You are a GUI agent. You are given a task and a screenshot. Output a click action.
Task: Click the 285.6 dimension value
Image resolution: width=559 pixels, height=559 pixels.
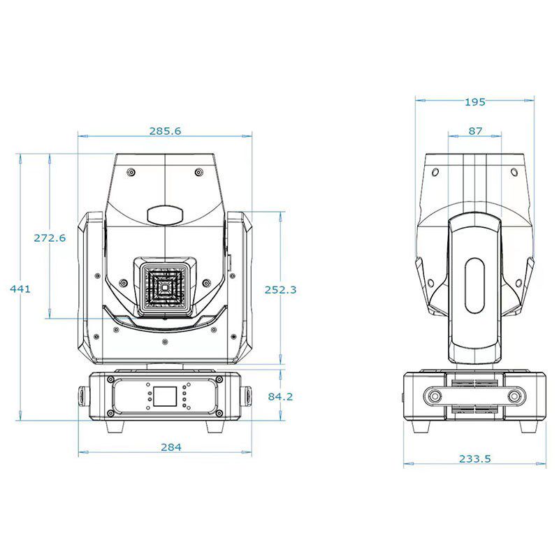[x=165, y=131]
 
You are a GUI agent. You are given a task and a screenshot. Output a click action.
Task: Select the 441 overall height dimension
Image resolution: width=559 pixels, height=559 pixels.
[x=20, y=289]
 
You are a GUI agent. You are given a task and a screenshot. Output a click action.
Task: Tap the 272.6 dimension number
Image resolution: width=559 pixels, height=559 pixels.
[x=50, y=238]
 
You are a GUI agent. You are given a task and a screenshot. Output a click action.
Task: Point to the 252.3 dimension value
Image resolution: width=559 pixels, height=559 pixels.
[x=280, y=290]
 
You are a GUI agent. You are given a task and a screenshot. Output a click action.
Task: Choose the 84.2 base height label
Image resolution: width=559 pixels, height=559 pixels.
[x=280, y=396]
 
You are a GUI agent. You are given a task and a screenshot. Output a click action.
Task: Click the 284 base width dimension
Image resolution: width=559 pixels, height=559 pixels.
[x=171, y=447]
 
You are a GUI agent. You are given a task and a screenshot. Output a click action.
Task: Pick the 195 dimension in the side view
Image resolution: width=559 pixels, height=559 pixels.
[x=475, y=102]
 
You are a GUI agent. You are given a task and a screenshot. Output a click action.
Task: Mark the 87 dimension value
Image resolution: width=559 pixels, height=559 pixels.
[x=475, y=131]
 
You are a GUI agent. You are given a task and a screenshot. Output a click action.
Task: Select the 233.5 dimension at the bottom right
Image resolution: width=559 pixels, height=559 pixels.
[x=475, y=458]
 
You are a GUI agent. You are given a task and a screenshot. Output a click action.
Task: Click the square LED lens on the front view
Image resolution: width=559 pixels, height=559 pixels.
[x=165, y=286]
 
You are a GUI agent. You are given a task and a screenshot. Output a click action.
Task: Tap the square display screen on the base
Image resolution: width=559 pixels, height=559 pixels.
[x=165, y=396]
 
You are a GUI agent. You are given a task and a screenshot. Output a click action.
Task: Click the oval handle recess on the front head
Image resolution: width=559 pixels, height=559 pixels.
[x=165, y=215]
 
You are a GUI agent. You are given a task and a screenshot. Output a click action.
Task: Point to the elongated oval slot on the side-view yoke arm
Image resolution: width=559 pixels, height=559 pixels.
[x=475, y=286]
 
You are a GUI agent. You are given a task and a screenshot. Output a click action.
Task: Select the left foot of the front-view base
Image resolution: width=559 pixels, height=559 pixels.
[x=115, y=426]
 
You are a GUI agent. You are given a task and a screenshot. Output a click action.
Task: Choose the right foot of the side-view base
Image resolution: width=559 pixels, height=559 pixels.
[x=528, y=426]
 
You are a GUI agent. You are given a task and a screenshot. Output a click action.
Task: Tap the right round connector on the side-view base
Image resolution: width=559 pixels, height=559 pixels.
[x=514, y=396]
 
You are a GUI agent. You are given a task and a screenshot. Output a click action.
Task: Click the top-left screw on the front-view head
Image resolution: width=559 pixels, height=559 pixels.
[x=131, y=173]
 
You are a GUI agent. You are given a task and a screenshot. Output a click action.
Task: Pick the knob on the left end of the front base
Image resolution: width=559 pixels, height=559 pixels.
[x=83, y=396]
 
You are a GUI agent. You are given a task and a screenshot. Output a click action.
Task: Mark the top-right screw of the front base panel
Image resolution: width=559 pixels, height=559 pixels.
[x=219, y=379]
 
